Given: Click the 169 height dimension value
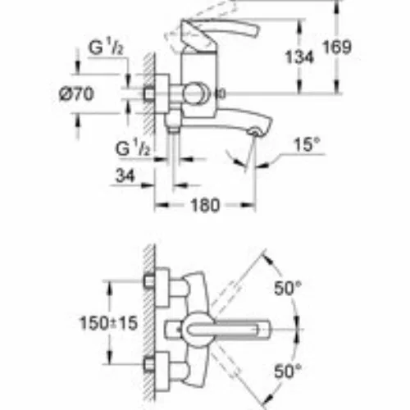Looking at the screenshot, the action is click(337, 47).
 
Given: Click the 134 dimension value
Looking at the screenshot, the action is click(299, 57).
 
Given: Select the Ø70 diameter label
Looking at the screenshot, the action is click(76, 93).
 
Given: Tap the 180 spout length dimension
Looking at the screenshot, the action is click(205, 205).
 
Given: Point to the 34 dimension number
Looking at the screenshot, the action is click(125, 175).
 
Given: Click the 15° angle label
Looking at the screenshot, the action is click(307, 144).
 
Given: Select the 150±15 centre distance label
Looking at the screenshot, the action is click(108, 323).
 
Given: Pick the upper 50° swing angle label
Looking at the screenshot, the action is click(288, 288).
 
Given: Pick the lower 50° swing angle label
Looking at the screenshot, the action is click(288, 371).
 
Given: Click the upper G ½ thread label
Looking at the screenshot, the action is click(106, 47).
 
